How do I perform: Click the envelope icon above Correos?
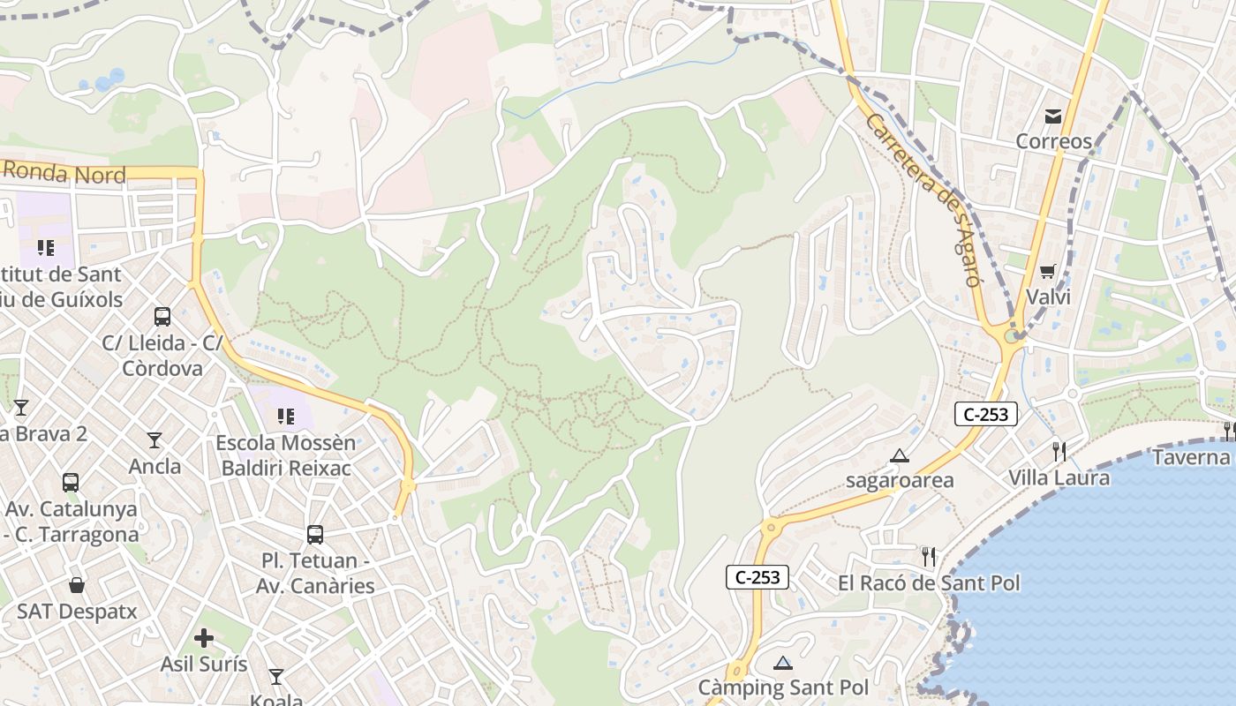(1053, 116)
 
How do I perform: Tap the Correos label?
(1053, 141)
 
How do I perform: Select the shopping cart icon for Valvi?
(1048, 271)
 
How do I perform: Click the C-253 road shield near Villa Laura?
(985, 414)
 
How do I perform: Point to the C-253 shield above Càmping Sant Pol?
(757, 577)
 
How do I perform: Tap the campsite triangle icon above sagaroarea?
(900, 455)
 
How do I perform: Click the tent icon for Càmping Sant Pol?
(783, 663)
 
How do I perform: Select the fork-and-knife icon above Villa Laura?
(1059, 452)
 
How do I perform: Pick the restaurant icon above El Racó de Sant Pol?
(928, 556)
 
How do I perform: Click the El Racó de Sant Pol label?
(929, 582)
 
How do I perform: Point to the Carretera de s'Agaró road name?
(923, 199)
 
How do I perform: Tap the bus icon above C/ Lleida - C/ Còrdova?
(162, 317)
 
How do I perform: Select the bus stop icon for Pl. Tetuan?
(315, 534)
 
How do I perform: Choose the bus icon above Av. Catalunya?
(71, 483)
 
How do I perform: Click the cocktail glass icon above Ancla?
(154, 439)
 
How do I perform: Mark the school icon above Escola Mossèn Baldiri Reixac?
(285, 416)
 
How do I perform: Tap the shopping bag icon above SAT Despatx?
(77, 585)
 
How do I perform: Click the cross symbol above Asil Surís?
(204, 637)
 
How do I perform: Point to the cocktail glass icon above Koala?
(276, 677)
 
